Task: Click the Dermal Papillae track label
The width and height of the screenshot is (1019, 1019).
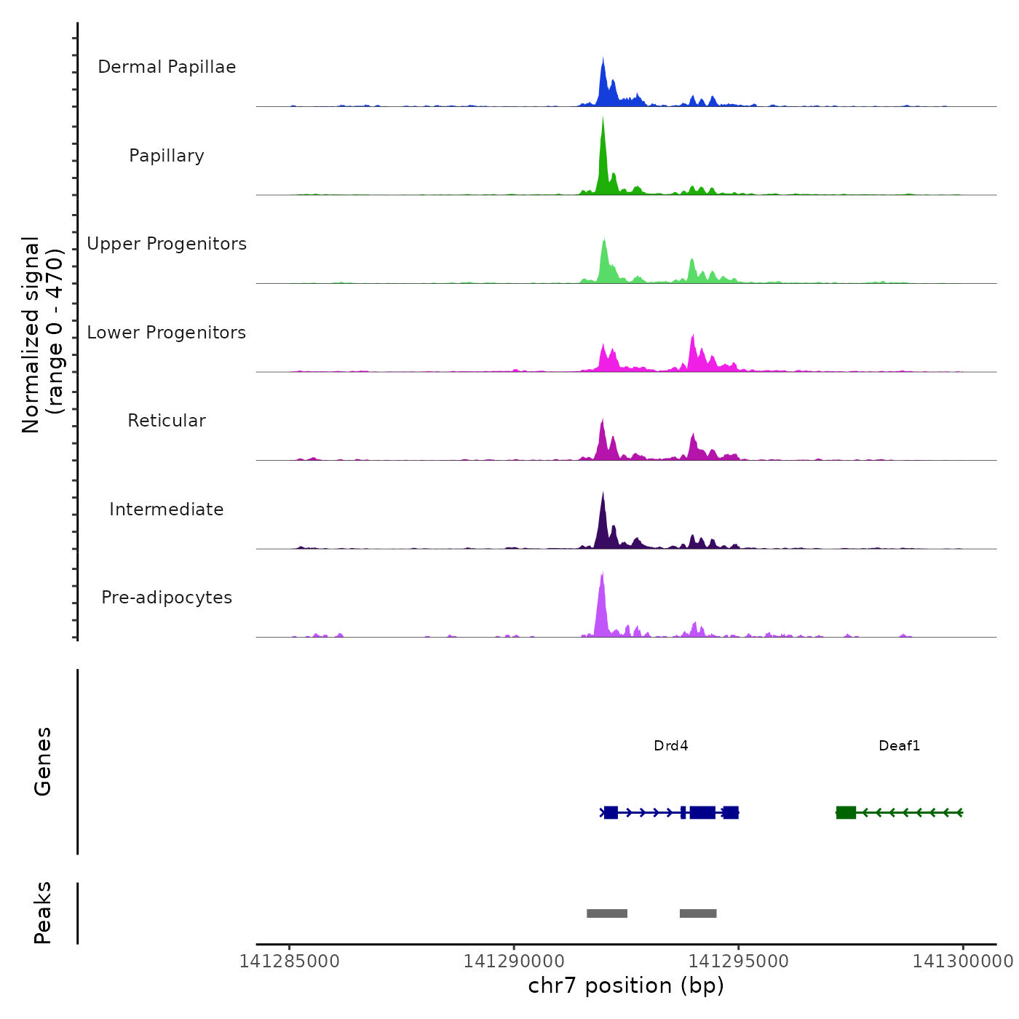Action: [x=167, y=67]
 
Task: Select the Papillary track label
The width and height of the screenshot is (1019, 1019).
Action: [x=167, y=156]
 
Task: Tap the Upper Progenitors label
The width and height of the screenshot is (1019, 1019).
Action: [x=167, y=244]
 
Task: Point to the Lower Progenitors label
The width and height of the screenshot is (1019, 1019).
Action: [x=167, y=333]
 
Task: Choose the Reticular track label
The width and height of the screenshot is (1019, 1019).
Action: [x=167, y=421]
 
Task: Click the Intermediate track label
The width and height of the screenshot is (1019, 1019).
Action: [x=167, y=509]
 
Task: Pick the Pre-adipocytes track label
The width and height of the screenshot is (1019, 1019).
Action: [x=167, y=598]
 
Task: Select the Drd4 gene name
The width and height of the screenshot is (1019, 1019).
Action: [x=670, y=745]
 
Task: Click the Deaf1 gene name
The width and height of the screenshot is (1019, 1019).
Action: [x=899, y=745]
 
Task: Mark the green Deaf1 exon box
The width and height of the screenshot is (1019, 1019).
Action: [x=846, y=812]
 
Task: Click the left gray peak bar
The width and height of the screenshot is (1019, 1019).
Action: [x=607, y=913]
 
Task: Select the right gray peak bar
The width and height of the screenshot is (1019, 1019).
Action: [x=698, y=913]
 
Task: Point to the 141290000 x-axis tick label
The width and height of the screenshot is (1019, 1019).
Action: [x=514, y=961]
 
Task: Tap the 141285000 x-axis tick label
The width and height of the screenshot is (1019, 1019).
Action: [x=289, y=961]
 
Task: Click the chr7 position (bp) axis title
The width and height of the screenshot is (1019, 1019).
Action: [x=626, y=986]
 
